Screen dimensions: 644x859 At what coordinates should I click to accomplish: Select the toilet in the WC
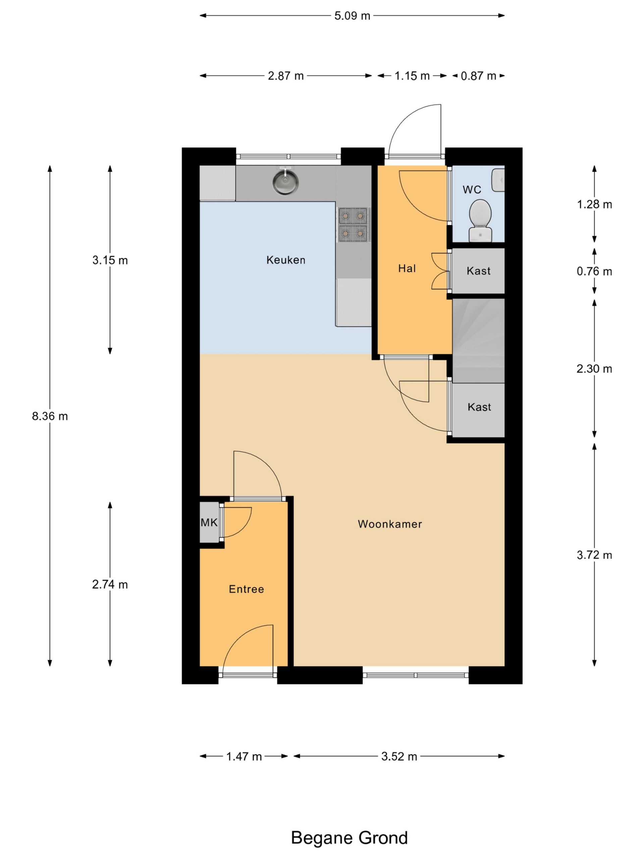[480, 220]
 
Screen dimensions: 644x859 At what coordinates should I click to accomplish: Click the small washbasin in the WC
[498, 180]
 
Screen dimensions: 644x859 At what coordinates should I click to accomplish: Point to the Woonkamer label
[390, 524]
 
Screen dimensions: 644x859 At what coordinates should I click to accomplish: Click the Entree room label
[247, 590]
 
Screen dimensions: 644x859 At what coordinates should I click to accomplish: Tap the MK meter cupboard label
[209, 523]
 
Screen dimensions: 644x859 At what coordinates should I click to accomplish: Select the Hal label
[407, 268]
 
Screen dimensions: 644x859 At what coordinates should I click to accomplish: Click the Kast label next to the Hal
[479, 271]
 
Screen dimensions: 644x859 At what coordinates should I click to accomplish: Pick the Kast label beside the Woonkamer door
[479, 407]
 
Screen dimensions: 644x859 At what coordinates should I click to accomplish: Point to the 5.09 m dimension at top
[352, 16]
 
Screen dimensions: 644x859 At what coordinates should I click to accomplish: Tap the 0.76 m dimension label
[594, 271]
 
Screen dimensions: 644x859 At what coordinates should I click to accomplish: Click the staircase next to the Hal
[478, 341]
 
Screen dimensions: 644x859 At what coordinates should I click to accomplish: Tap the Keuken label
[286, 260]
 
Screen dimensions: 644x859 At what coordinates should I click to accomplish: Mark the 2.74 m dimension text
[110, 585]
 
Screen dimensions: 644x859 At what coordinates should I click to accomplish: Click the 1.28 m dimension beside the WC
[594, 204]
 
